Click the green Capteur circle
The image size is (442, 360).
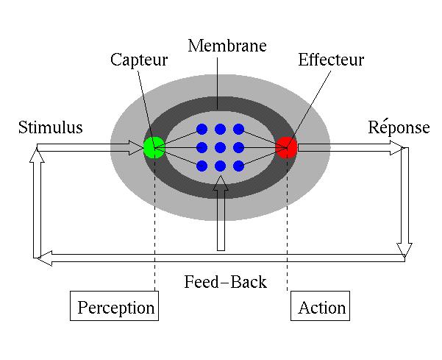coord(154,147)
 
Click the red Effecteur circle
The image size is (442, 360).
coord(286,147)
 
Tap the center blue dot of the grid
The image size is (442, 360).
coord(220,147)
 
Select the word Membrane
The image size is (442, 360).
coord(227,46)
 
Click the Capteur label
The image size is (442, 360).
coord(139,60)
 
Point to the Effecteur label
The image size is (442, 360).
coord(331,60)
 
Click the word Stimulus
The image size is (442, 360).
coord(51,127)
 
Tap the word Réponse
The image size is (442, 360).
coord(399,127)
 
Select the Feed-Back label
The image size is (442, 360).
coord(226,281)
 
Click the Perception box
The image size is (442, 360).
coord(114,306)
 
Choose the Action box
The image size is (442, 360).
coord(320,306)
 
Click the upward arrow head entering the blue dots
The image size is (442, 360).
coord(221,183)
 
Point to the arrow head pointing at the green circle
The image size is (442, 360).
coord(136,147)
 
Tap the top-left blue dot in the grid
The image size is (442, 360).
coord(202,130)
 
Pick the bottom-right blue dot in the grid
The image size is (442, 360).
coord(239,166)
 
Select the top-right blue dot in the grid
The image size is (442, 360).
coord(239,130)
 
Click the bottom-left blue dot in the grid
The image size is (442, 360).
coord(202,166)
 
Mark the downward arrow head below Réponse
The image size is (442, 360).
coord(404,250)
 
